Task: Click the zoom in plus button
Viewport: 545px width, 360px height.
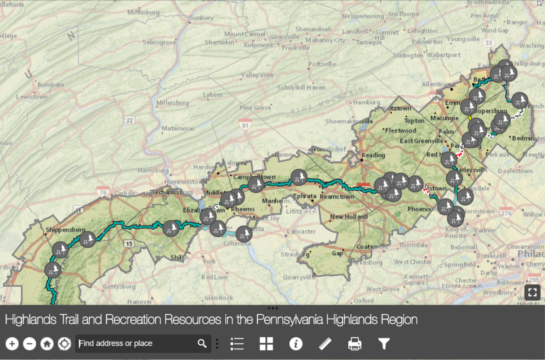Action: (12, 344)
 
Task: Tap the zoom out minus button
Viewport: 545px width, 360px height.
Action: (30, 344)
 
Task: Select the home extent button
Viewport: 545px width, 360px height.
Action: (47, 344)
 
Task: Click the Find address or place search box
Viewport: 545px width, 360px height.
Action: (137, 344)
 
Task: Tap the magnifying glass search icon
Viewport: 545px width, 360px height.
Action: (202, 344)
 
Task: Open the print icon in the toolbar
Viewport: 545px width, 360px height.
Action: (355, 344)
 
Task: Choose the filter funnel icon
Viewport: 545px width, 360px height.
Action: (384, 344)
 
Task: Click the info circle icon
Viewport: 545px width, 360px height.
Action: (296, 344)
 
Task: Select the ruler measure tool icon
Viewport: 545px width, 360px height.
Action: (325, 344)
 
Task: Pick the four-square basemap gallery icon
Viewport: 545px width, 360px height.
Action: (266, 344)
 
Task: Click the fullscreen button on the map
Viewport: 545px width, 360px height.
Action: (532, 292)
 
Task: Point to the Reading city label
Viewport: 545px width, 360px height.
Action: (373, 155)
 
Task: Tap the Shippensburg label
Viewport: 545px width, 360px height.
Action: (65, 229)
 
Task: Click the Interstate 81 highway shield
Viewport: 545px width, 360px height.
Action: (245, 125)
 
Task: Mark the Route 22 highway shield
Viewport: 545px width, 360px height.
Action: (129, 120)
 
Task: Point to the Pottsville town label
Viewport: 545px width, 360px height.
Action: (322, 64)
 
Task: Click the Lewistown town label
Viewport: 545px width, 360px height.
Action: (32, 97)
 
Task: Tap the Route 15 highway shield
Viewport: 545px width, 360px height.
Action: (129, 244)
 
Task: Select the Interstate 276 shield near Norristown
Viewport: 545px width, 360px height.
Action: (506, 213)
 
